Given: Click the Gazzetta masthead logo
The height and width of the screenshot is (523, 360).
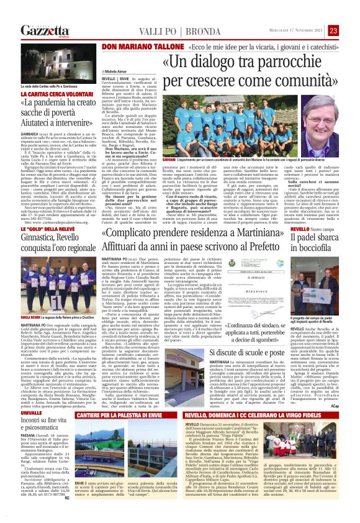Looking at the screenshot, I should pos(45,30).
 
